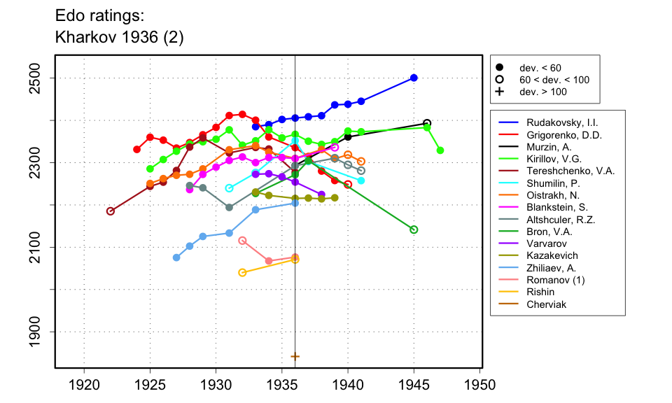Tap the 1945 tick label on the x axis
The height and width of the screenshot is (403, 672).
click(414, 386)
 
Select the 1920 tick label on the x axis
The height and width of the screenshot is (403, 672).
click(84, 386)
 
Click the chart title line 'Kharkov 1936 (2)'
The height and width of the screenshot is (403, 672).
click(119, 37)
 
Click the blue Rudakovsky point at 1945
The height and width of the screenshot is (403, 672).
click(414, 78)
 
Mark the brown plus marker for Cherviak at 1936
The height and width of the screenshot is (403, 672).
click(295, 356)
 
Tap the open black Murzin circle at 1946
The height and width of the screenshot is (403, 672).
click(427, 123)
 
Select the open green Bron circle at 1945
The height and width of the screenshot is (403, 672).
click(414, 229)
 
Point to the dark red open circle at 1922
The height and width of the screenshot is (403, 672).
click(111, 211)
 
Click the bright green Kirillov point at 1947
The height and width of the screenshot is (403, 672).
click(440, 150)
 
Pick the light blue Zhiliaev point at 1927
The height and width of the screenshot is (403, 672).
click(176, 257)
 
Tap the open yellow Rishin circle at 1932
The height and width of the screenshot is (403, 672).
click(242, 272)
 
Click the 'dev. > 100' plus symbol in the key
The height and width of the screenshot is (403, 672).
click(500, 92)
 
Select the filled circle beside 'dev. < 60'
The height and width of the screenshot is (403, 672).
click(500, 68)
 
